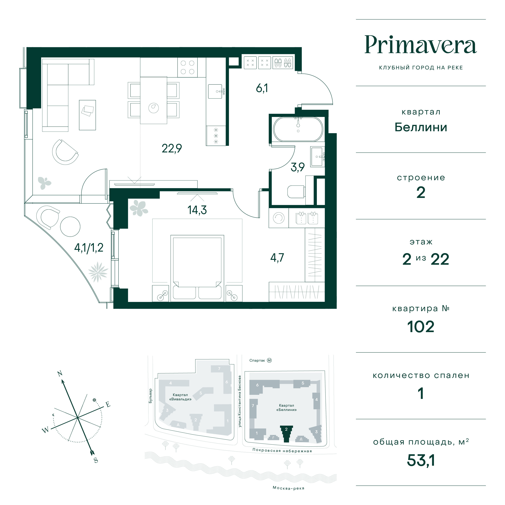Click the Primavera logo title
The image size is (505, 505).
[x=420, y=45]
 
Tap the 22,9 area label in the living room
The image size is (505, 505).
[x=172, y=148]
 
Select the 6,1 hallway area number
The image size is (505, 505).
[x=262, y=88]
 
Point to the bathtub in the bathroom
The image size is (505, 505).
[x=298, y=129]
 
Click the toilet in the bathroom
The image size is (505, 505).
[x=296, y=192]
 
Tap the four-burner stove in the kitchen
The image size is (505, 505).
[x=187, y=67]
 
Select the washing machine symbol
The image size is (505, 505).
[x=279, y=218]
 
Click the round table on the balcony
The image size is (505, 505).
[x=70, y=227]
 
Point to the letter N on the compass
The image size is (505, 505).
[x=60, y=373]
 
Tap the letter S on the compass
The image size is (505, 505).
[x=96, y=460]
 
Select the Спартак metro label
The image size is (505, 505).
[x=257, y=360]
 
